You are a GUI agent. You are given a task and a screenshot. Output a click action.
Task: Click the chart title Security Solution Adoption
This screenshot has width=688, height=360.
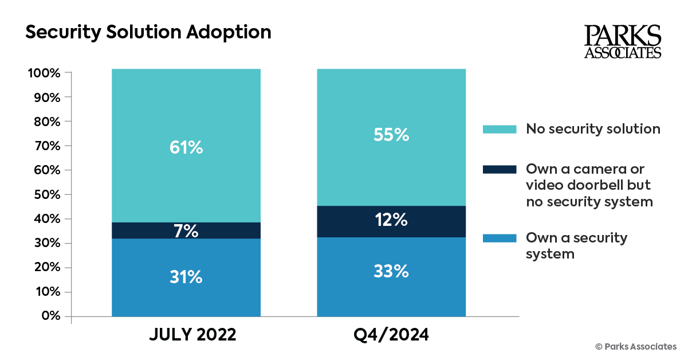pyautogui.click(x=148, y=33)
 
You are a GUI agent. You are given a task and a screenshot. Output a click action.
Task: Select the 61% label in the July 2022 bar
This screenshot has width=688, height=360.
pyautogui.click(x=186, y=148)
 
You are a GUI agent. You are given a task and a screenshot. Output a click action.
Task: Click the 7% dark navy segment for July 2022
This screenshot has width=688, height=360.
pyautogui.click(x=186, y=231)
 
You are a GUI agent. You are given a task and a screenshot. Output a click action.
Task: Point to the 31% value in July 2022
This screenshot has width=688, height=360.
pyautogui.click(x=186, y=277)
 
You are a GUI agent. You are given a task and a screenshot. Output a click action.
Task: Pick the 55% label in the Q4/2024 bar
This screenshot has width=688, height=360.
pyautogui.click(x=392, y=135)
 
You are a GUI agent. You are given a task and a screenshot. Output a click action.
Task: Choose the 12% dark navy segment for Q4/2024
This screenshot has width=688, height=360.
pyautogui.click(x=392, y=221)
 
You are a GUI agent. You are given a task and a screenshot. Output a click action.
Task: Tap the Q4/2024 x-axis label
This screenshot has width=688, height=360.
pyautogui.click(x=392, y=335)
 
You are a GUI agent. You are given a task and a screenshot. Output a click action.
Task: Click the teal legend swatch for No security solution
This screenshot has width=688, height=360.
pyautogui.click(x=500, y=129)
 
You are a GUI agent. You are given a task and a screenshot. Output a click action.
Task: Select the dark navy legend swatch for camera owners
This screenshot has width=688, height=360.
pyautogui.click(x=500, y=170)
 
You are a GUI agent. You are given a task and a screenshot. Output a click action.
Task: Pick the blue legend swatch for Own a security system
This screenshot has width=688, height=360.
pyautogui.click(x=500, y=238)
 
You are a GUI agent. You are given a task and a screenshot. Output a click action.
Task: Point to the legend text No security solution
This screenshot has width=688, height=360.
pyautogui.click(x=593, y=129)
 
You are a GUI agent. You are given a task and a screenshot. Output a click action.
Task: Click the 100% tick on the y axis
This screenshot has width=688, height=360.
pyautogui.click(x=44, y=73)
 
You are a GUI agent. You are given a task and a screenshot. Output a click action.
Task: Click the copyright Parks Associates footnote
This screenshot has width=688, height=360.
pyautogui.click(x=636, y=346)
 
